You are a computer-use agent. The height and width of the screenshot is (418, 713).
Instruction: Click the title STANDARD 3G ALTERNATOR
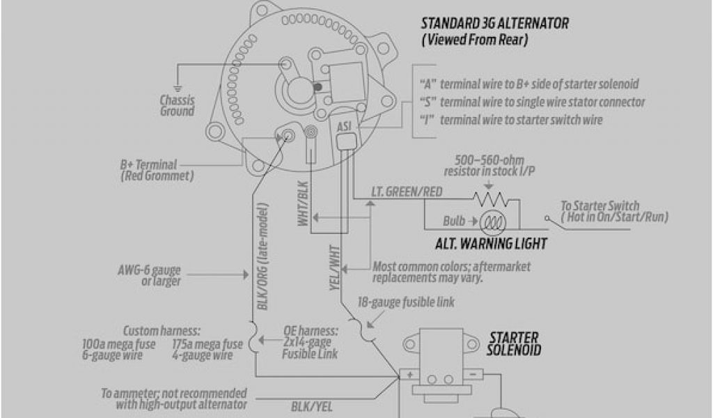coord(495,24)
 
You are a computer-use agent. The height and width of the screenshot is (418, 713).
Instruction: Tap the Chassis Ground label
coord(177,105)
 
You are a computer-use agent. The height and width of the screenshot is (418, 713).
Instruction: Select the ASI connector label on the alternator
coord(344,127)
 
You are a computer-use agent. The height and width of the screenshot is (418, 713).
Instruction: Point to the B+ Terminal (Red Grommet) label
coord(157,171)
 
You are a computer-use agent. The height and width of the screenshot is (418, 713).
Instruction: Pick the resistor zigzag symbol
coord(496,200)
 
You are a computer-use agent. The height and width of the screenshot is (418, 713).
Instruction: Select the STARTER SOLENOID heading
coord(515,343)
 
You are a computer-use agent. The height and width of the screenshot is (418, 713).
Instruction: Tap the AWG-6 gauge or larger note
coord(150,275)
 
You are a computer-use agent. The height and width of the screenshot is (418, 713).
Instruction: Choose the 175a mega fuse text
coord(207,343)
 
